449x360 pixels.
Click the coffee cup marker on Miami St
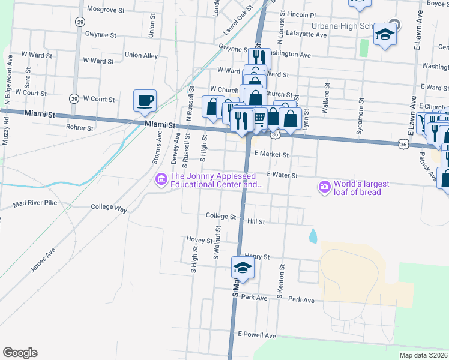point(145,100)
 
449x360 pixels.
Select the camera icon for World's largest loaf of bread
point(325,187)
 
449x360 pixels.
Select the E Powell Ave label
point(257,335)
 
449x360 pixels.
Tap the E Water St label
point(283,174)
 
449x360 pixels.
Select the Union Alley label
point(141,55)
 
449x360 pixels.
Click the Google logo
point(20,353)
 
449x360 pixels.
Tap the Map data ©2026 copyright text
point(423,355)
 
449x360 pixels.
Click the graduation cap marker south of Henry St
point(243,268)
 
